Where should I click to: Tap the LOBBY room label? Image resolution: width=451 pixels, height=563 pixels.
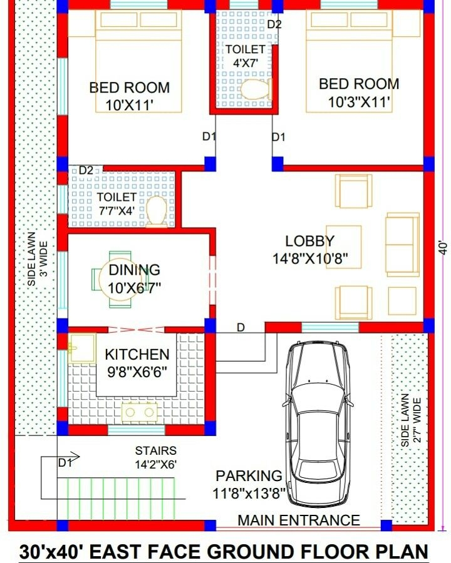(x=309, y=241)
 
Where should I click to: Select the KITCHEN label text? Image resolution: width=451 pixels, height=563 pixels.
(x=137, y=355)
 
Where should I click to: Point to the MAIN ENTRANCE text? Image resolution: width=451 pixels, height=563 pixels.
(x=299, y=520)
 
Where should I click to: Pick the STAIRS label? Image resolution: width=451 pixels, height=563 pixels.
(x=155, y=450)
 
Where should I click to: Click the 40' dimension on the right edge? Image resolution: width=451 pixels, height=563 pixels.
(x=443, y=246)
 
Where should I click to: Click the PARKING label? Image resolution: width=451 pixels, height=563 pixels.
(x=249, y=476)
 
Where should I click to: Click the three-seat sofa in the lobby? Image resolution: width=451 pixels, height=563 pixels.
(x=402, y=244)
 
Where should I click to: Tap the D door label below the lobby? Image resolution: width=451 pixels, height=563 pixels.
(x=240, y=328)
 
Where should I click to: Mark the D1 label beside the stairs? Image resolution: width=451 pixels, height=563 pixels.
(x=65, y=463)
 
